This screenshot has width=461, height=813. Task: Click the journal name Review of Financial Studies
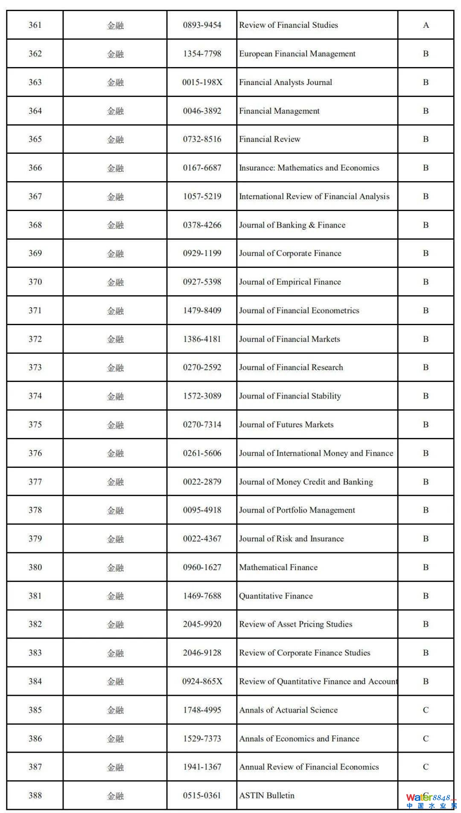[288, 25]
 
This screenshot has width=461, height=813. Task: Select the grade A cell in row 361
[426, 25]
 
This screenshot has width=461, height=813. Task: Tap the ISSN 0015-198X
[202, 82]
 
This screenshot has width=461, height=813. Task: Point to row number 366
[35, 168]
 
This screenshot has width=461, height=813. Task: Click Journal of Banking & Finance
[292, 225]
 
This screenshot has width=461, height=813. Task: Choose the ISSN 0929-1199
[202, 253]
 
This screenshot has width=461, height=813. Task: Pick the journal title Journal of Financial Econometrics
[299, 311]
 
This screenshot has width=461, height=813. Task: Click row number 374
[35, 396]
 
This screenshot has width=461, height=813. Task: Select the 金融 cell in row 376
[115, 453]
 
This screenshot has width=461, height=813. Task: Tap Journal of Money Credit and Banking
[306, 482]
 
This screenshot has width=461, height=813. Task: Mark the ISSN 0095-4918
[202, 510]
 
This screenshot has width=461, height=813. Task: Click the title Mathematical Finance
[278, 567]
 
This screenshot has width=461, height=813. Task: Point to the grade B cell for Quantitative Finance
[426, 596]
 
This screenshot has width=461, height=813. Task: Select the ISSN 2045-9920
[202, 624]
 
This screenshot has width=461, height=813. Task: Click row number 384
[35, 681]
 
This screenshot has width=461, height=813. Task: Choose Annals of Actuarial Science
[288, 710]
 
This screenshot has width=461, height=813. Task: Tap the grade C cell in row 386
[426, 739]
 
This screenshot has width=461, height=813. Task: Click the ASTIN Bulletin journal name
[267, 795]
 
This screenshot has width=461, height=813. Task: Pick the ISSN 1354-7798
[202, 54]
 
